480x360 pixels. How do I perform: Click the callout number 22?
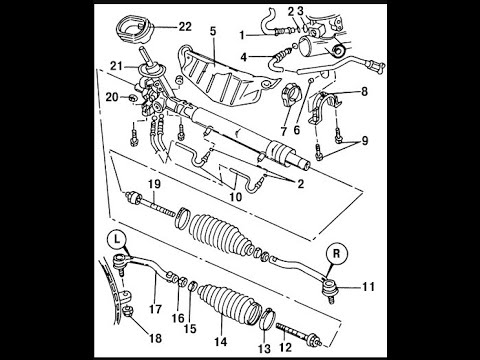185,27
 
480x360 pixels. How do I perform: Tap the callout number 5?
213,31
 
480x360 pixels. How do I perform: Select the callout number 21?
116,66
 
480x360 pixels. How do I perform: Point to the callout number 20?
112,97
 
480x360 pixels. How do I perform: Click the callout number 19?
154,184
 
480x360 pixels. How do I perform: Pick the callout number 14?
221,342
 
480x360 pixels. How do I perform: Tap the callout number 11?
368,287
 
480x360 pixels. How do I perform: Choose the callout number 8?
364,91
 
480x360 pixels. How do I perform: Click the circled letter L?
116,239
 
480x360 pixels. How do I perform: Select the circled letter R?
336,254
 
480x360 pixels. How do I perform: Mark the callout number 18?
155,339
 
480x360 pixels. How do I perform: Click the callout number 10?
235,197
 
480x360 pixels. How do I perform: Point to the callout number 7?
283,131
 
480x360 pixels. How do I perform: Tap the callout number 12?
285,347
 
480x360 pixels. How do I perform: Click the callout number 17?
155,309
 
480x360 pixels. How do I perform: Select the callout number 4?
244,57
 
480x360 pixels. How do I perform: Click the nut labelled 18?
128,312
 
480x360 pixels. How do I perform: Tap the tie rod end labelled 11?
329,288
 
